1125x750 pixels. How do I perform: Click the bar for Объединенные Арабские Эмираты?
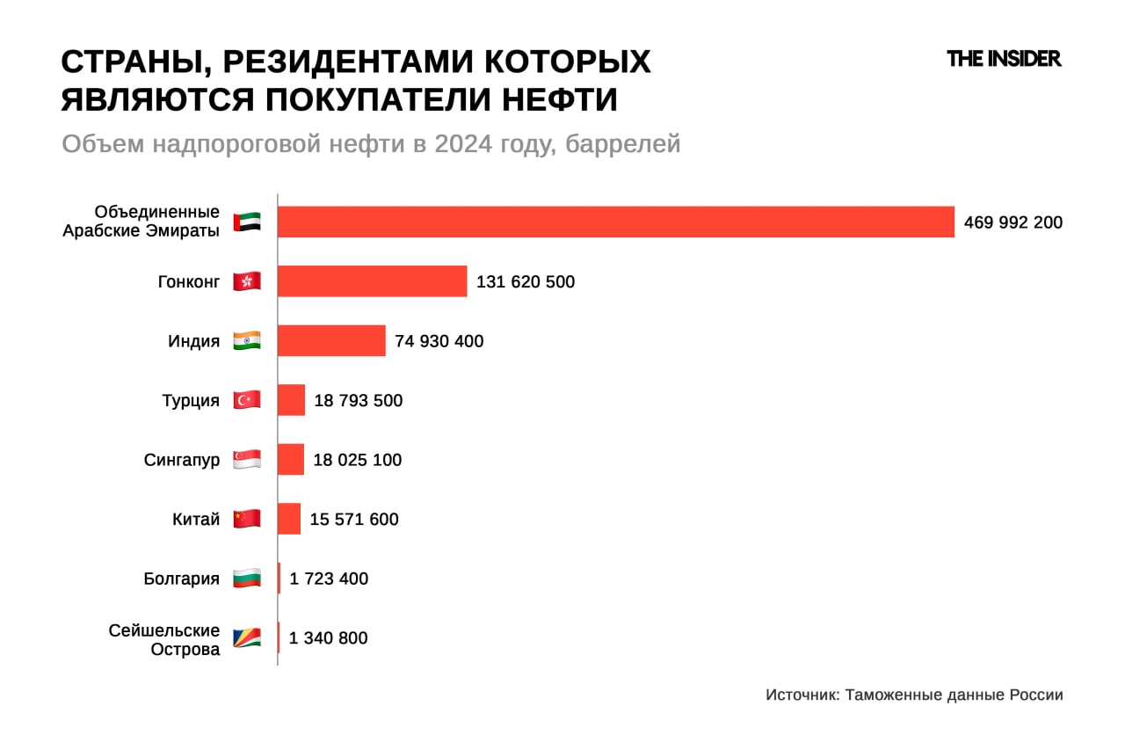(615, 222)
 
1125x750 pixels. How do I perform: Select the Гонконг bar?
(372, 281)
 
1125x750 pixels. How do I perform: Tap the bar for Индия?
(331, 340)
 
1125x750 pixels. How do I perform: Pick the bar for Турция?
(291, 400)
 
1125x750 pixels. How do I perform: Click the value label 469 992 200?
(1012, 222)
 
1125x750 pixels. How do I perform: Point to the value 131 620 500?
(526, 282)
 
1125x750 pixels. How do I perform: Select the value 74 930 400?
(439, 341)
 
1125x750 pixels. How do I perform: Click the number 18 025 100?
(358, 460)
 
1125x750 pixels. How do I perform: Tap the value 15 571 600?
(354, 520)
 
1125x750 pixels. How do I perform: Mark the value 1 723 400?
(329, 579)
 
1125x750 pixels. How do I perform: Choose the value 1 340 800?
(328, 638)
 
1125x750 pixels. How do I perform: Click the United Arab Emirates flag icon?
(247, 222)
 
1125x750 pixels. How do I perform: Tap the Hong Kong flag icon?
(247, 281)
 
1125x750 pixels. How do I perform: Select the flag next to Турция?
(247, 400)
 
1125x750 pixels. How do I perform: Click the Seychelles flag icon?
(247, 638)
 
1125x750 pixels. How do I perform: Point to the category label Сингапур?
(182, 460)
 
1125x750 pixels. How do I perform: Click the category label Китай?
(196, 520)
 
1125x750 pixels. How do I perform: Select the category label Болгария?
(181, 579)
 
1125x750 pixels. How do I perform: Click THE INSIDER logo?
(1004, 59)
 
